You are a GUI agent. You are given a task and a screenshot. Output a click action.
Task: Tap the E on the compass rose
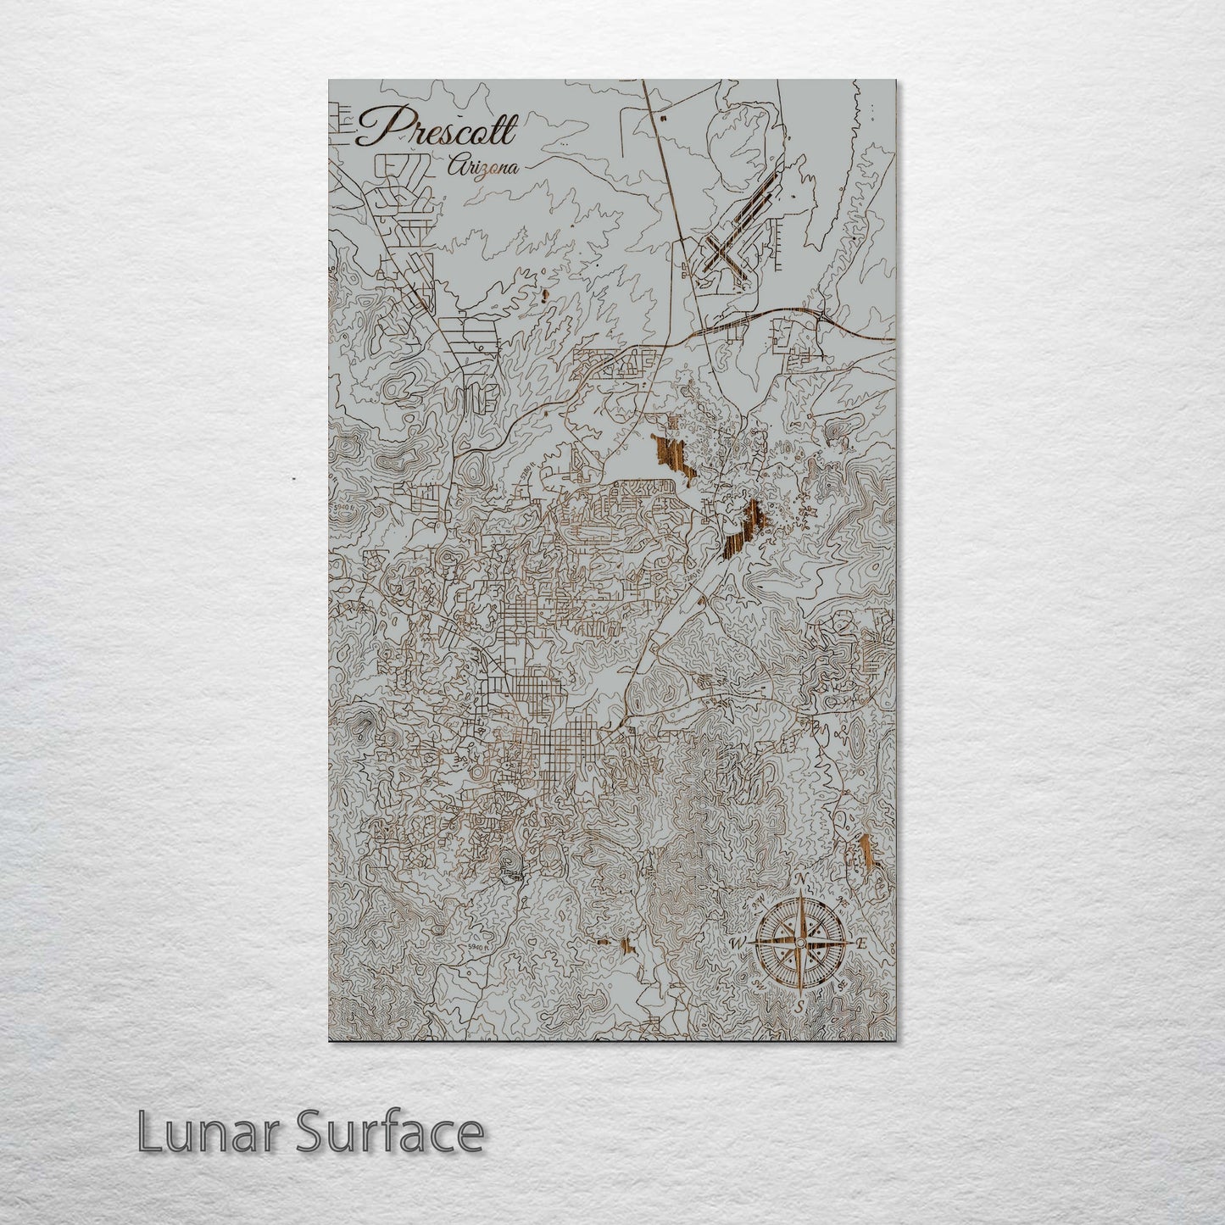[x=862, y=944]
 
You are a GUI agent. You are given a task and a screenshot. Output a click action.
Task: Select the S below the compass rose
[x=799, y=1007]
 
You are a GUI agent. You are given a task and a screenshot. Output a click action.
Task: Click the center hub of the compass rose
[x=798, y=942]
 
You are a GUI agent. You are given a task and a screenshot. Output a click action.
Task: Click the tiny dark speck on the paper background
[x=292, y=481]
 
